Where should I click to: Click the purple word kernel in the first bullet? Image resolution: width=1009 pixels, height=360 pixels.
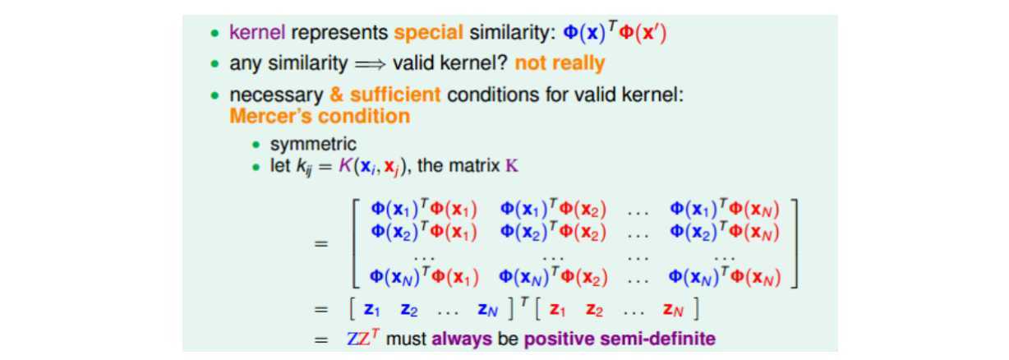point(257,32)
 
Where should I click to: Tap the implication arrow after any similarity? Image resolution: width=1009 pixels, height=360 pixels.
point(371,64)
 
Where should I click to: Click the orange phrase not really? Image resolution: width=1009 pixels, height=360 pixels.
point(560,63)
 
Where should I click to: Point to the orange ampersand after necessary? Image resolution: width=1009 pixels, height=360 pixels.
point(337,95)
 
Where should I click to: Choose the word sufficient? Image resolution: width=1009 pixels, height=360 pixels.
point(395,95)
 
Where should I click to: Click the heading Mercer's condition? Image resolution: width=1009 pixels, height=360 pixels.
point(320,116)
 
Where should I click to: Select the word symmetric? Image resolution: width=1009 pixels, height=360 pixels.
point(313,144)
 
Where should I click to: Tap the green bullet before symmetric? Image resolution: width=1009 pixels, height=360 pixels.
point(256,145)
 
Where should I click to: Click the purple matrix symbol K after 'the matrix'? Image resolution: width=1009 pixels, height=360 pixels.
point(512,166)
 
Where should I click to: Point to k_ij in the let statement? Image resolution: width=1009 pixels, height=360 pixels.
point(303,167)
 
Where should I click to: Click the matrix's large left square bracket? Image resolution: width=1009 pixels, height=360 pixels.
point(356,243)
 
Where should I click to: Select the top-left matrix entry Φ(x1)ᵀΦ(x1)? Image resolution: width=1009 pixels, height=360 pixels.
point(424,209)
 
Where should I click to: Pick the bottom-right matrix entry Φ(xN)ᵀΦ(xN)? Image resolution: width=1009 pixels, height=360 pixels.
point(725,277)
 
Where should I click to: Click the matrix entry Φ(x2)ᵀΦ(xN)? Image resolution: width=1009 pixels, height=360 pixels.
point(725,232)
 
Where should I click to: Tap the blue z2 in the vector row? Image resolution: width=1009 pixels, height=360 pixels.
point(409,310)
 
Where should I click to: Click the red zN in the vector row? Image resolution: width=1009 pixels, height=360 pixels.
point(673,310)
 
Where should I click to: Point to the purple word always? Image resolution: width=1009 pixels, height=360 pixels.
point(462,339)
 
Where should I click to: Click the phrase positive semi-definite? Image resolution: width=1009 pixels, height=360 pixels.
point(620,339)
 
